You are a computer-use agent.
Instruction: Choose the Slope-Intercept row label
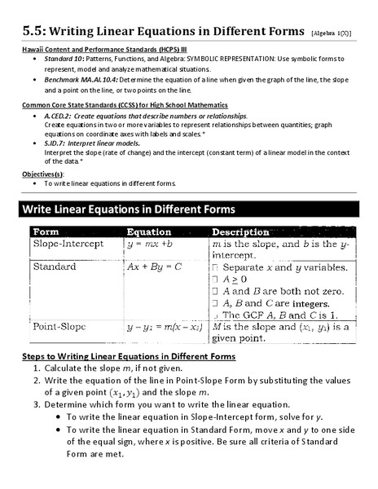click(68, 244)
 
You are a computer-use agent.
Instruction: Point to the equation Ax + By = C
click(154, 267)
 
